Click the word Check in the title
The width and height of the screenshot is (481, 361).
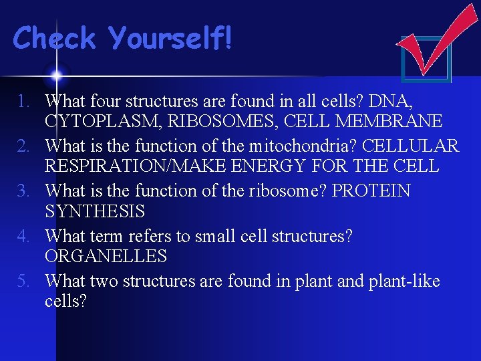tap(55, 38)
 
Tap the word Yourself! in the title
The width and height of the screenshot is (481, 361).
tap(171, 38)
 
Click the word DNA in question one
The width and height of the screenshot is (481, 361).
tap(392, 102)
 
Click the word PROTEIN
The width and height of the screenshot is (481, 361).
tap(371, 191)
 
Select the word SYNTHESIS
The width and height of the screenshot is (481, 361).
tap(94, 211)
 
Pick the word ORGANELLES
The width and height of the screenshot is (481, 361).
tap(106, 256)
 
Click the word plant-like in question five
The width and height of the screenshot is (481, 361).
tap(404, 281)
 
